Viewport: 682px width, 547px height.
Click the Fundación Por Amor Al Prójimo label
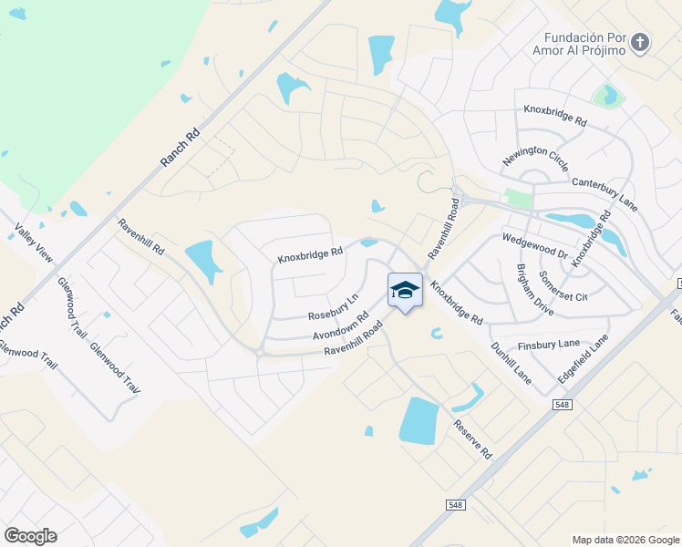584,44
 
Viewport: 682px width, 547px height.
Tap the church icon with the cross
641,42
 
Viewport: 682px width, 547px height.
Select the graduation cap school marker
405,290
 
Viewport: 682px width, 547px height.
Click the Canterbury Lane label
604,195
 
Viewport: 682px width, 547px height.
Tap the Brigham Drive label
534,290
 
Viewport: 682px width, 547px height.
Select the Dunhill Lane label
510,360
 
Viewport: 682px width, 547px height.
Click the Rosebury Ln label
333,306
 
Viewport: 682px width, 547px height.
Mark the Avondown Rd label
340,326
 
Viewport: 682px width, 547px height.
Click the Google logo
30,535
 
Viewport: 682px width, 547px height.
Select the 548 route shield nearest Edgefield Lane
563,404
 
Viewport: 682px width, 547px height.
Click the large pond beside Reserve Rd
418,422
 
